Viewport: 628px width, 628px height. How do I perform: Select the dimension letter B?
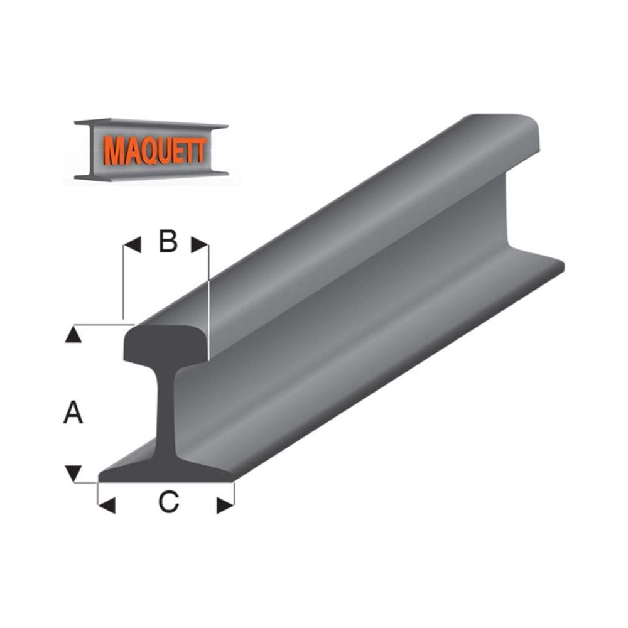coord(167,242)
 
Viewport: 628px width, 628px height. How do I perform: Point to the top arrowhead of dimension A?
coord(74,335)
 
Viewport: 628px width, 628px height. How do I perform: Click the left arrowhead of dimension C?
coord(107,505)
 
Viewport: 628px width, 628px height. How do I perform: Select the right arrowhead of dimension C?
coord(225,505)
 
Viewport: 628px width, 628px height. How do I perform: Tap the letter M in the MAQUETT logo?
coord(113,152)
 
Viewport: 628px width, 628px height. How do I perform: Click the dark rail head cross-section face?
coord(165,344)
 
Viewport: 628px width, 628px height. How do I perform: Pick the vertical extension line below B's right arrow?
coord(208,301)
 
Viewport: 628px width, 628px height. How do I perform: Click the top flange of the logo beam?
coord(151,122)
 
